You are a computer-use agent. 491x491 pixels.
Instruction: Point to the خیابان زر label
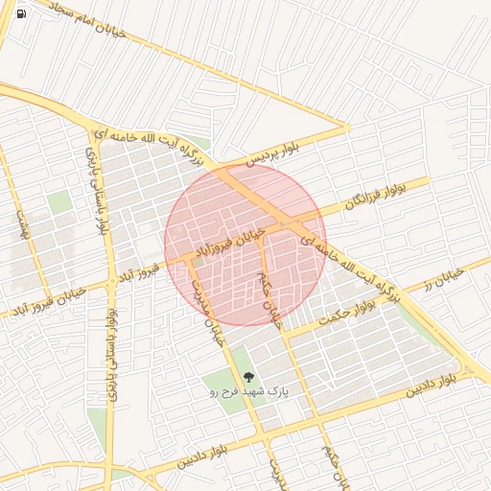(443, 278)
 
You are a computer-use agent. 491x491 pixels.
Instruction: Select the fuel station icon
(21, 14)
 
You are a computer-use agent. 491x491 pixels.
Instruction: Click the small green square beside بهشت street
(59, 201)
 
